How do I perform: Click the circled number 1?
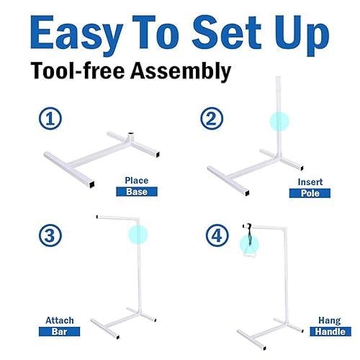(x=50, y=119)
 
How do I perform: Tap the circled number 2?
(x=212, y=119)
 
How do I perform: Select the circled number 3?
(x=50, y=235)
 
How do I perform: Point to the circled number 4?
(x=217, y=235)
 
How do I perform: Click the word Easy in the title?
(x=76, y=34)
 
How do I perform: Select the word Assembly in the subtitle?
(x=181, y=71)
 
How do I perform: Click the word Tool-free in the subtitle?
(x=78, y=71)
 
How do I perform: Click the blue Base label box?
(x=137, y=192)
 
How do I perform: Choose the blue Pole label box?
(x=310, y=193)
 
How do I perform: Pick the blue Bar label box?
(x=59, y=331)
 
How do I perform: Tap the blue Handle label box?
(x=330, y=331)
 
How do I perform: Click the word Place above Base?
(x=137, y=181)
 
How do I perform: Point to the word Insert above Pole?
(x=310, y=182)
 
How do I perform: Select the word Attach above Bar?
(x=60, y=320)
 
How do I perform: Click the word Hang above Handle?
(x=330, y=321)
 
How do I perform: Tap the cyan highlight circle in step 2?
(x=279, y=122)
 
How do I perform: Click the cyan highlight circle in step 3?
(x=138, y=235)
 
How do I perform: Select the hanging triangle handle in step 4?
(x=250, y=252)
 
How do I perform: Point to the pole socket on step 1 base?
(x=130, y=135)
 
